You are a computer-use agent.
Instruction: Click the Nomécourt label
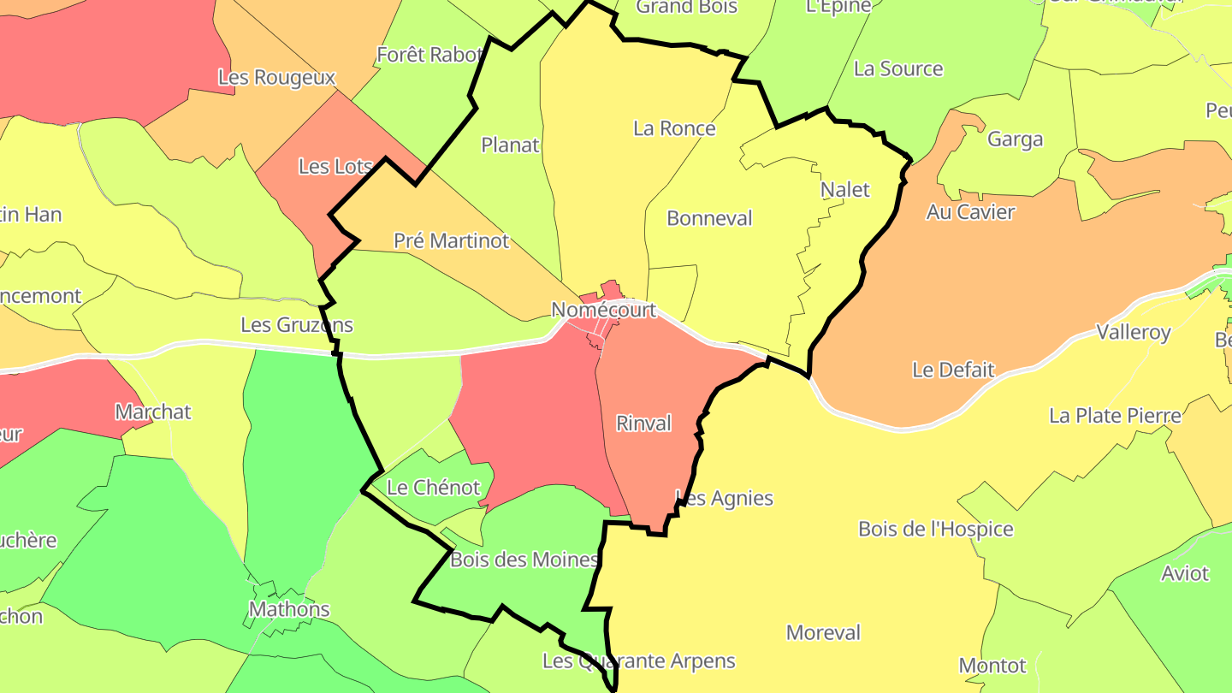click(603, 310)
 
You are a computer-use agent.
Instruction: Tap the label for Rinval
click(643, 423)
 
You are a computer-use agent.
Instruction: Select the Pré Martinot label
click(451, 240)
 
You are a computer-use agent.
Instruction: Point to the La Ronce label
click(674, 128)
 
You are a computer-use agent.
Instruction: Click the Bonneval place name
click(709, 218)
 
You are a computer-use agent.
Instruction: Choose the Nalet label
click(844, 189)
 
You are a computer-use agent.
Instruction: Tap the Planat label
click(510, 145)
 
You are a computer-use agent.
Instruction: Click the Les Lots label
click(335, 166)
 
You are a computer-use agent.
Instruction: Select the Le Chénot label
click(434, 488)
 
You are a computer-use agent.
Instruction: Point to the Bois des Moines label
click(524, 560)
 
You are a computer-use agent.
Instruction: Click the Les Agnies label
click(724, 498)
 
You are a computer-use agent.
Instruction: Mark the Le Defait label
click(953, 370)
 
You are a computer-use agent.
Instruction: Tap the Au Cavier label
click(970, 211)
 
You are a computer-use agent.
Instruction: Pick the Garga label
click(1015, 139)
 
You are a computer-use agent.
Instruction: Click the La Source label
click(898, 68)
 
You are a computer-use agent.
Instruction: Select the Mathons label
click(289, 609)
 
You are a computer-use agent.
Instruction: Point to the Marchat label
click(153, 412)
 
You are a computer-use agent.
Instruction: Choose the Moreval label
click(823, 633)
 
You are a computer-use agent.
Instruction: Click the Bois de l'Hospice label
click(936, 529)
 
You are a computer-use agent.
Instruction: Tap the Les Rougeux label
click(276, 77)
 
